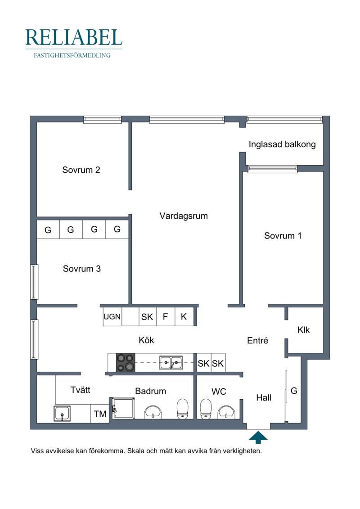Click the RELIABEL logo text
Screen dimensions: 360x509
coord(74,37)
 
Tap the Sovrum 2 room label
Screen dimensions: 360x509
coord(81,170)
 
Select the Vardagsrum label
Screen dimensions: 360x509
coord(184,216)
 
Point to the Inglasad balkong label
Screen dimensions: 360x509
coord(282,144)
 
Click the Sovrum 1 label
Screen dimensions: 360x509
coord(283,236)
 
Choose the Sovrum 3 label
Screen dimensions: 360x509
coord(82,269)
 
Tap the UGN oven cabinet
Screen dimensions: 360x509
coord(112,316)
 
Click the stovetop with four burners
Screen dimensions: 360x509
coord(126,362)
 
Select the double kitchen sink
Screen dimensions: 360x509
coord(171,363)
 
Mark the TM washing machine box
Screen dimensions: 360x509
coord(99,414)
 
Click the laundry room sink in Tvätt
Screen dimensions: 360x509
coord(62,414)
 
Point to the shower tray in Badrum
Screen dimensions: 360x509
coord(123,408)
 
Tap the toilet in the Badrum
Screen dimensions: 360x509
coord(182,409)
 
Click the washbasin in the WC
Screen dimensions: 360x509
coord(227,412)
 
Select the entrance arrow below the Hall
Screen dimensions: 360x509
coord(258,437)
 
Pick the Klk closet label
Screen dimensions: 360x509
coord(303,330)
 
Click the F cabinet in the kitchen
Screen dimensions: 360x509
coord(166,316)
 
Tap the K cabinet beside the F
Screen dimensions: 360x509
coord(184,316)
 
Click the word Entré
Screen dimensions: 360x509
coord(258,341)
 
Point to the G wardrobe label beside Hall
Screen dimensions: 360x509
coord(294,391)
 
